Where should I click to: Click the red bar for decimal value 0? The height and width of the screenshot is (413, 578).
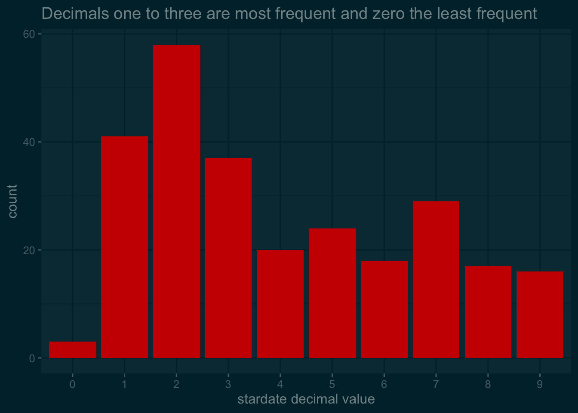tap(72, 350)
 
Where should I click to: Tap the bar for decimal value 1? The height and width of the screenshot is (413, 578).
tap(124, 247)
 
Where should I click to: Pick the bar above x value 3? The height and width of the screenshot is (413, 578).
tap(228, 258)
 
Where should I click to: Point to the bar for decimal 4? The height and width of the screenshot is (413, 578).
tap(280, 304)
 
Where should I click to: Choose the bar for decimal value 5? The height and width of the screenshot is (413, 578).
tap(332, 293)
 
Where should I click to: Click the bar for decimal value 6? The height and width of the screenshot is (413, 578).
tap(384, 309)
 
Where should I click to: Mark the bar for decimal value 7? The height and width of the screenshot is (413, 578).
tap(436, 280)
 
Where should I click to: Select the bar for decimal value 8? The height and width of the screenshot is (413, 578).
tap(488, 312)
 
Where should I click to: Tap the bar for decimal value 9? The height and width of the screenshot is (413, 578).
tap(540, 314)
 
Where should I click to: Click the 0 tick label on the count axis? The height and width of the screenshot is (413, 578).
tap(32, 358)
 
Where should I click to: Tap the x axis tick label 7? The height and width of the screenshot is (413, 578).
tap(436, 384)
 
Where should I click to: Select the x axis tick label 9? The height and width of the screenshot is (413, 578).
tap(540, 384)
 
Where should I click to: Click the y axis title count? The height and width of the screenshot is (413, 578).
tap(12, 201)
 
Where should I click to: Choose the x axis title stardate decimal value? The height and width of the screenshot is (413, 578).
tap(306, 399)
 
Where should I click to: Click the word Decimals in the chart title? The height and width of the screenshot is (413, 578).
tap(75, 14)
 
